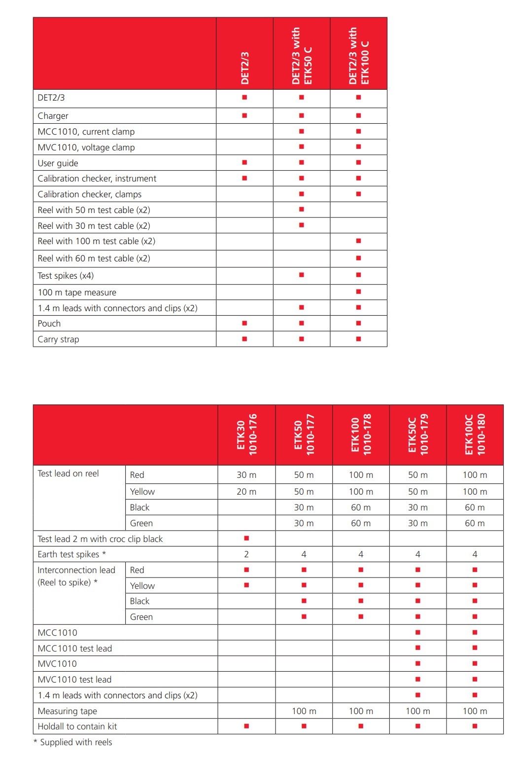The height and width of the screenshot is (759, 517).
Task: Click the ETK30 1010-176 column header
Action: coord(246,434)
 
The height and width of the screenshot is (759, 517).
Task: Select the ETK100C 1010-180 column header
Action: coord(475,434)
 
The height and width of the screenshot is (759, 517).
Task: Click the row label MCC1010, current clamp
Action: coord(86,132)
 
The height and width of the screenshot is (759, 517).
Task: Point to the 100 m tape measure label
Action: coord(77,292)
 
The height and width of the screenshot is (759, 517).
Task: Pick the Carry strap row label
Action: coord(58,339)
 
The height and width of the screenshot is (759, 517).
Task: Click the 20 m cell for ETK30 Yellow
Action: coord(246,492)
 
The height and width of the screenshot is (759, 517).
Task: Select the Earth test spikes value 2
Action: coord(246,554)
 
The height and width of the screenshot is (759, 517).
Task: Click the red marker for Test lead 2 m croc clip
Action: coord(246,538)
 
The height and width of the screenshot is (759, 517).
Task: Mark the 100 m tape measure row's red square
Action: coord(358,292)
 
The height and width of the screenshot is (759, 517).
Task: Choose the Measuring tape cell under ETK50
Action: coord(304,711)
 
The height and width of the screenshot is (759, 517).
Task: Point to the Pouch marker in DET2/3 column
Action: coord(244,324)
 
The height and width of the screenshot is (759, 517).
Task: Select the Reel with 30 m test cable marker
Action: coord(302,225)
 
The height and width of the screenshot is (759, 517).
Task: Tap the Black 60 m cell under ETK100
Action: coord(361,507)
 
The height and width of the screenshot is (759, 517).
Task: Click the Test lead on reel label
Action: coord(68,473)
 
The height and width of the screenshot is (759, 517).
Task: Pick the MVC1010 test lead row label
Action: coord(74,680)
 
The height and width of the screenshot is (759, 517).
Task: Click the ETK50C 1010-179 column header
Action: coord(418,434)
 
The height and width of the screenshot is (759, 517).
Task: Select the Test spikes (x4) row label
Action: coord(66,276)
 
